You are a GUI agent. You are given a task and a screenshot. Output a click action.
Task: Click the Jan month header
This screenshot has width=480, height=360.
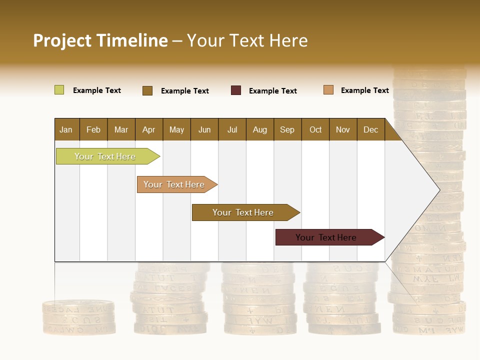tap(66, 129)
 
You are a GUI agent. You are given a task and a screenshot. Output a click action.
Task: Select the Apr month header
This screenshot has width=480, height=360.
tap(149, 129)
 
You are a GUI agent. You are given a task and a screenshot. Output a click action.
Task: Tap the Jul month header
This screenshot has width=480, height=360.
tap(232, 129)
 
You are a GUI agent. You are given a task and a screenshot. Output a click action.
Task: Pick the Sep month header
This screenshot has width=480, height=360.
tap(287, 129)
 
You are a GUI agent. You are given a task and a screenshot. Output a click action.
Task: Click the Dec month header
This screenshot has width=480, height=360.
tap(370, 129)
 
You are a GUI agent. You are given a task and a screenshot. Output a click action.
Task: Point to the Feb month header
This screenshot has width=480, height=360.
tap(93, 129)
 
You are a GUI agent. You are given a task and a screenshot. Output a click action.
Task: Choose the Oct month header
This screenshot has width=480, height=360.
tap(315, 129)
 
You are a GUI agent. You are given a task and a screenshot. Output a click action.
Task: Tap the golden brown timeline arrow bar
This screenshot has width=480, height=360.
tap(243, 212)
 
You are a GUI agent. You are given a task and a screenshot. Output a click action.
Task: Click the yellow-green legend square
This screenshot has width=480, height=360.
tap(59, 90)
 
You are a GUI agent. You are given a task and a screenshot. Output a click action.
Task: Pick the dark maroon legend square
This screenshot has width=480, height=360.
tap(236, 90)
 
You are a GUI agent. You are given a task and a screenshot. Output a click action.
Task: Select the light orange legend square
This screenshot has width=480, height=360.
tap(328, 90)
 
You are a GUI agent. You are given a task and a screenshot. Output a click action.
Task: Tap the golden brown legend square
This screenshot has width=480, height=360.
tap(147, 90)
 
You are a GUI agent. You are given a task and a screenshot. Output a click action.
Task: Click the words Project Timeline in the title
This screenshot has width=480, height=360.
tap(100, 40)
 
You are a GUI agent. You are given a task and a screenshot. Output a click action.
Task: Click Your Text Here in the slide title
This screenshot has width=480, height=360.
tap(247, 40)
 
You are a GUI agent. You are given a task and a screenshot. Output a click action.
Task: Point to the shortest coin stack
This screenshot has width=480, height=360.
tap(78, 317)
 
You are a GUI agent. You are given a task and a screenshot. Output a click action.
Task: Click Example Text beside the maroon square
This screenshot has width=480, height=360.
tap(272, 91)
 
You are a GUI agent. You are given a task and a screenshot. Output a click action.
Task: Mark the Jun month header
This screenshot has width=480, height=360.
tap(204, 129)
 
